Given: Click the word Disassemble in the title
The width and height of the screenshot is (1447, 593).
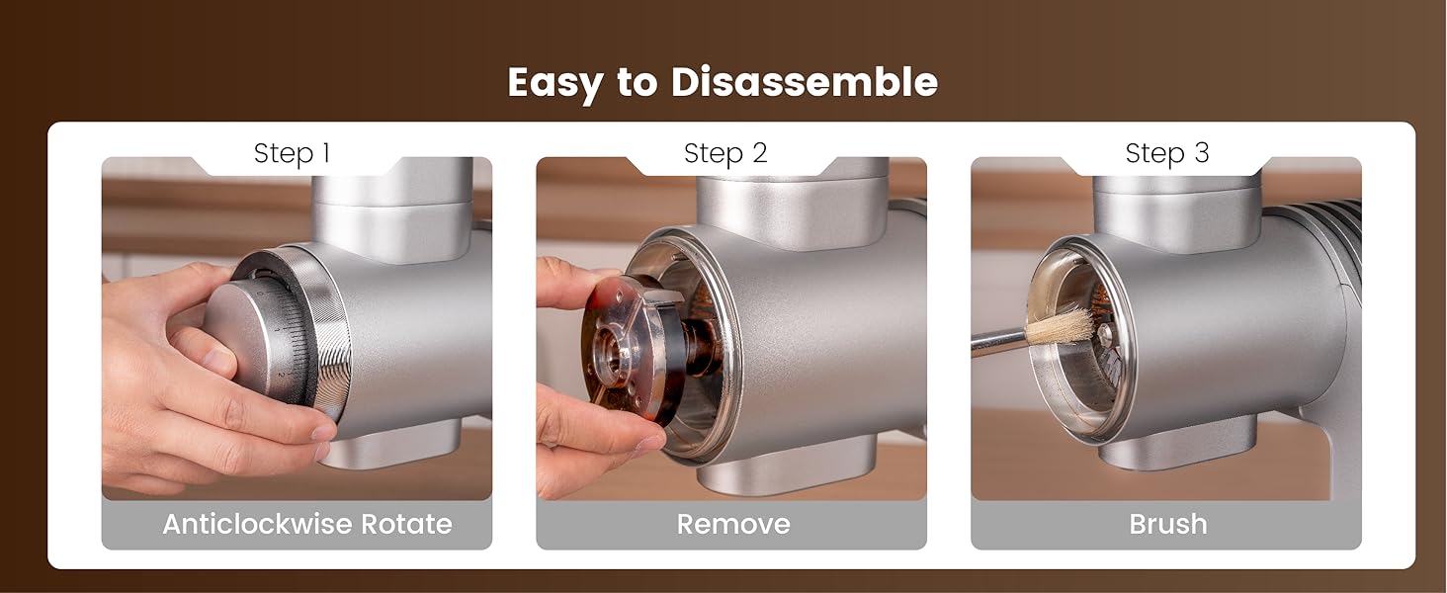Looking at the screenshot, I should tap(804, 83).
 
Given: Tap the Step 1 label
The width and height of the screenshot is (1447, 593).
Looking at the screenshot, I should tap(292, 153).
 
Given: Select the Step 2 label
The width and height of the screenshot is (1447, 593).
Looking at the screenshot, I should tap(725, 153).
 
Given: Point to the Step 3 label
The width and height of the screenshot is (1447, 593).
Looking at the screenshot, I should tap(1167, 153).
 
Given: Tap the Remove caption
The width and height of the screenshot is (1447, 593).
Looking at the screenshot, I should tap(732, 524).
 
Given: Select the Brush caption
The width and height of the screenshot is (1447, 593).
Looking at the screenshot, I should tap(1167, 524).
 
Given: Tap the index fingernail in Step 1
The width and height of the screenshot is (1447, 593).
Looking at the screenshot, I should tap(323, 432).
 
